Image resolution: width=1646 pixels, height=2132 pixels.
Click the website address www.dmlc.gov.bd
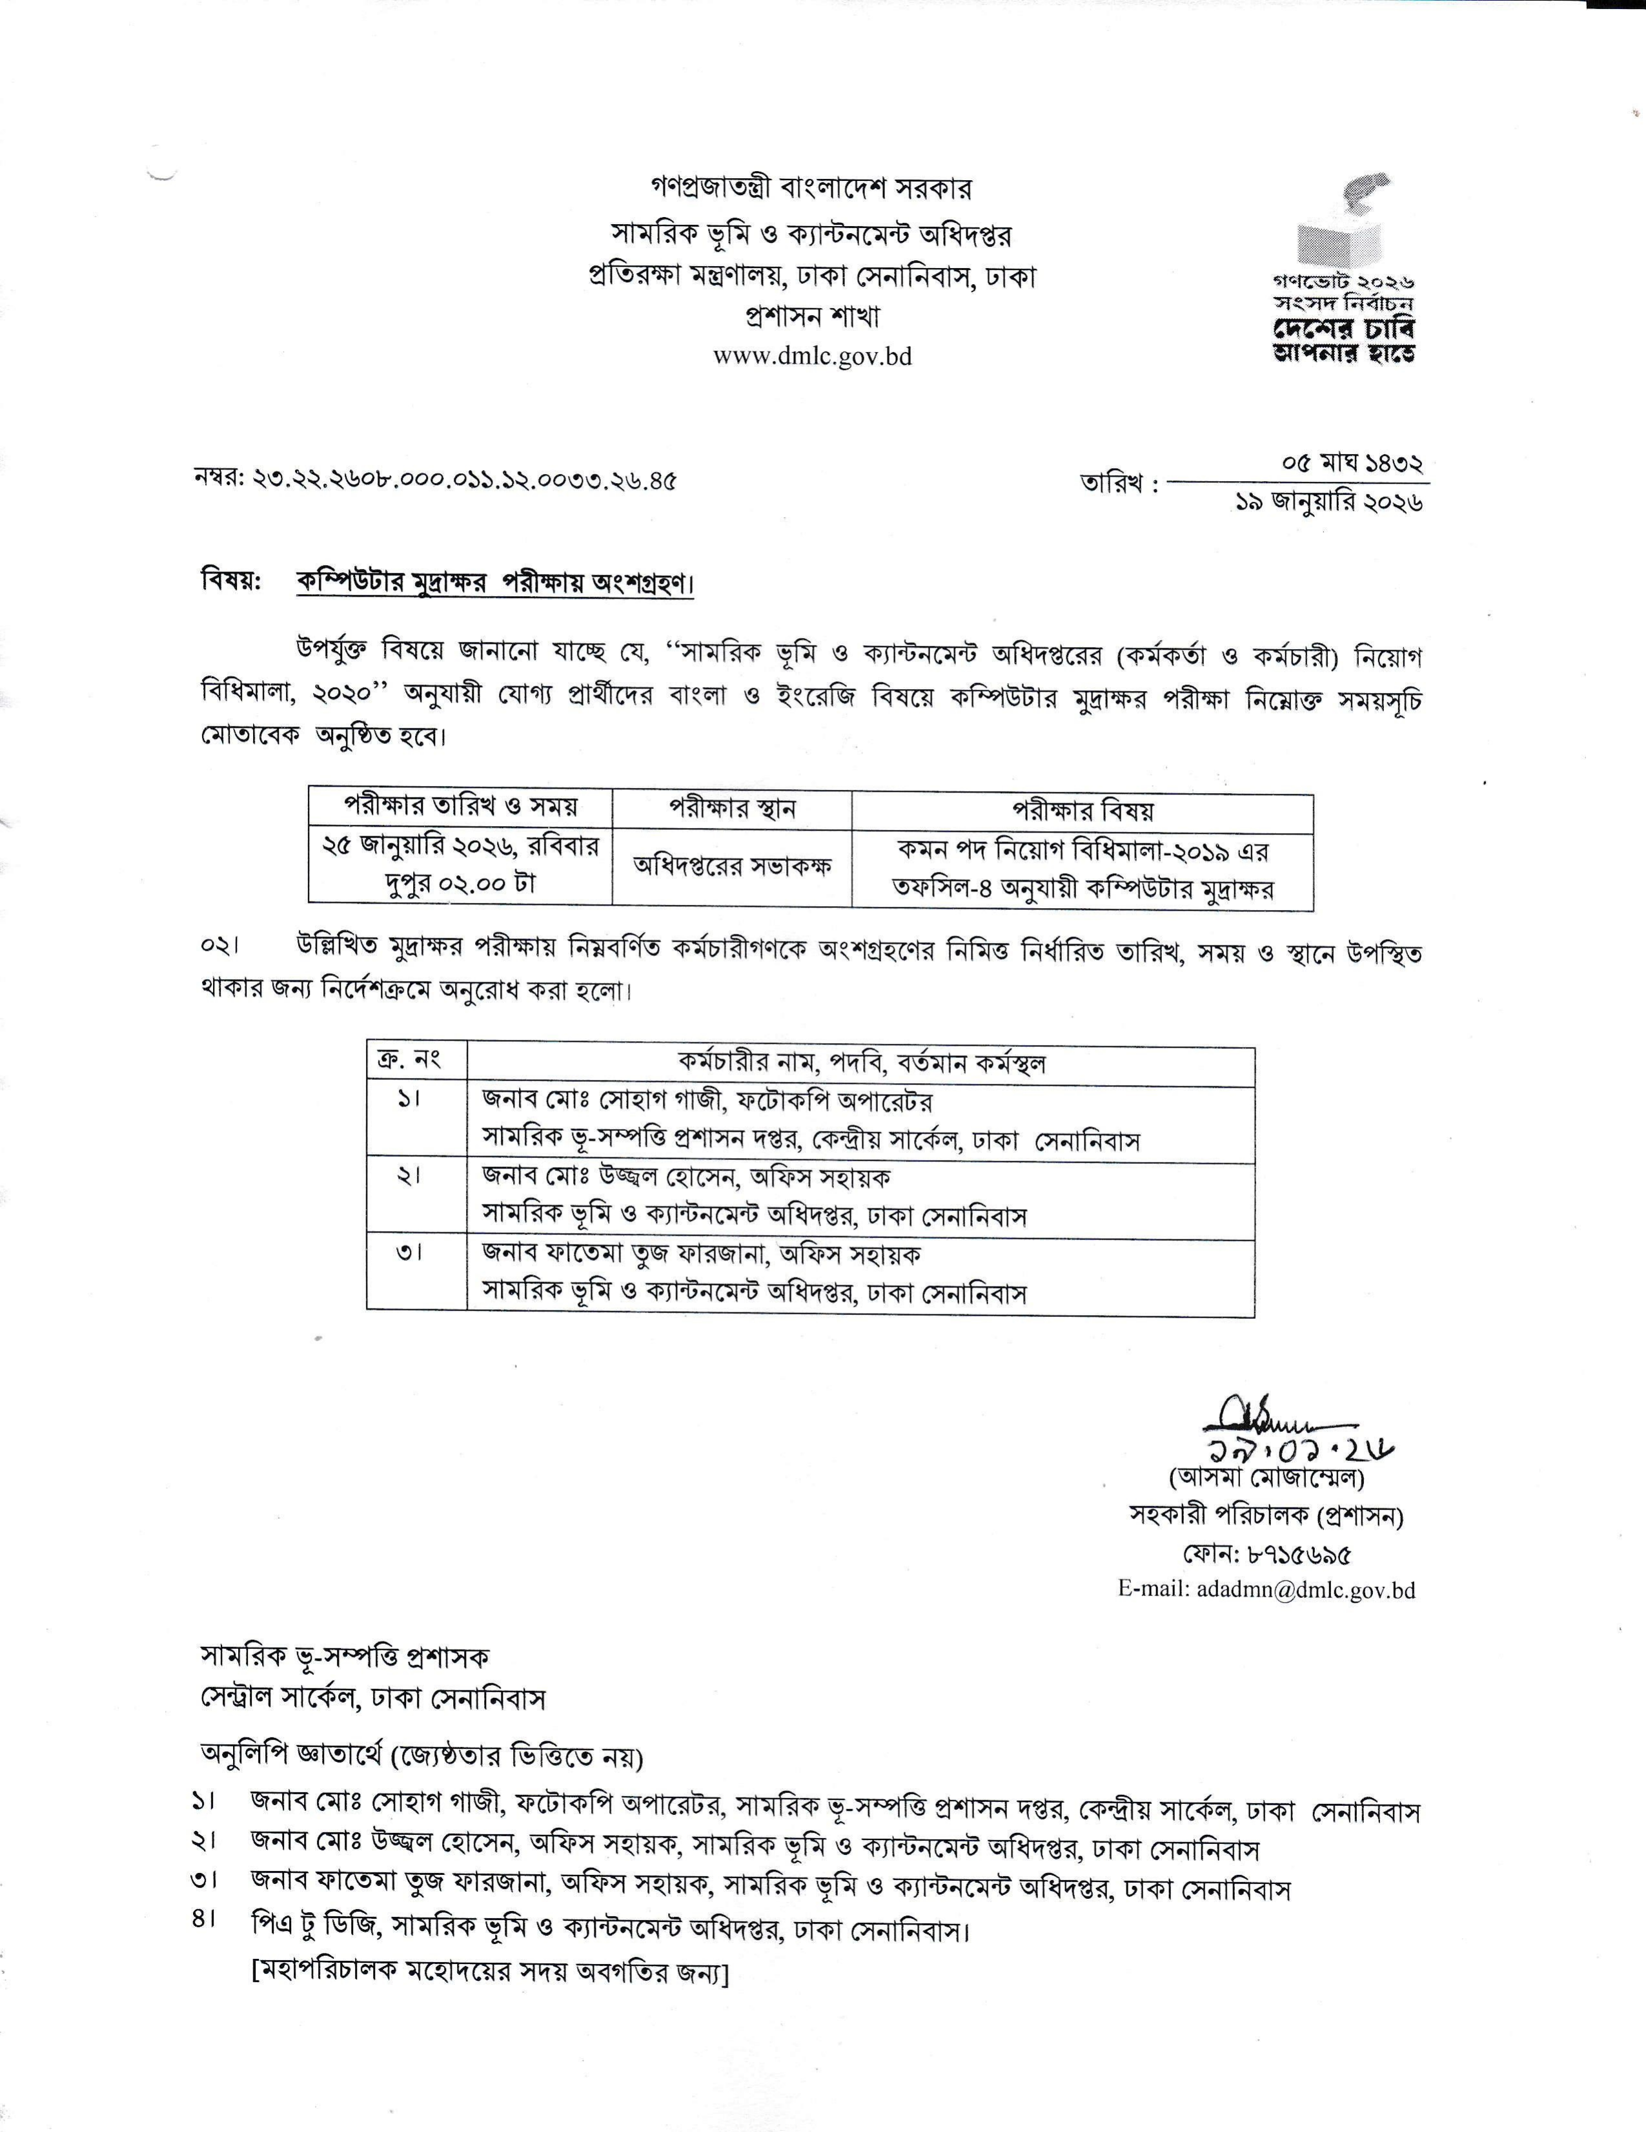pyautogui.click(x=812, y=357)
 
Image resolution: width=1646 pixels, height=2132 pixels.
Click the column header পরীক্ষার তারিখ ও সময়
pyautogui.click(x=460, y=807)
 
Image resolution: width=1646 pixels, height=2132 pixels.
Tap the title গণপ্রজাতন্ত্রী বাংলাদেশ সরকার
pyautogui.click(x=812, y=187)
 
